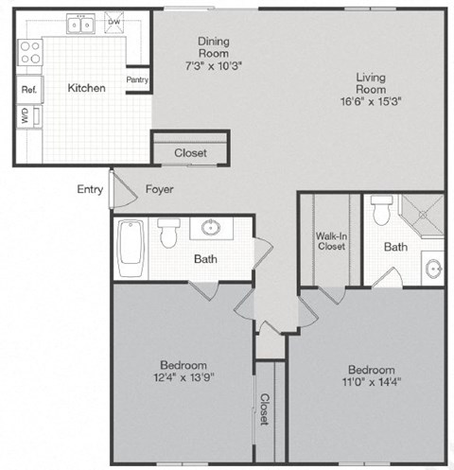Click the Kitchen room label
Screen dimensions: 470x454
point(85,88)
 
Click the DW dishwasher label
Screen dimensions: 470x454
point(114,20)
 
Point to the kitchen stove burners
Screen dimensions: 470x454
point(28,51)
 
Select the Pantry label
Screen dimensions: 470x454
point(137,80)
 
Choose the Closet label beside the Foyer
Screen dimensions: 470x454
point(190,152)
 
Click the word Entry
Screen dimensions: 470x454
point(90,189)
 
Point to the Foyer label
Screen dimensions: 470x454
point(159,189)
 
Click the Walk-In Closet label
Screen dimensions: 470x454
point(330,241)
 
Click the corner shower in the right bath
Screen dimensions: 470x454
point(422,216)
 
